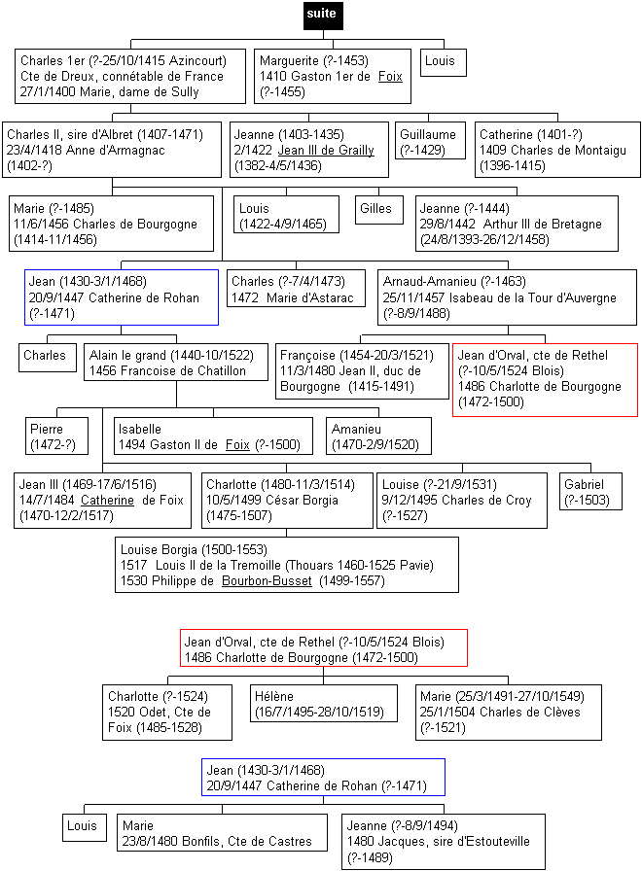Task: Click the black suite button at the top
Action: click(x=323, y=15)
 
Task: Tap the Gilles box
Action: click(x=379, y=210)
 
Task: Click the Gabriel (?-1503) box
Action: click(x=590, y=492)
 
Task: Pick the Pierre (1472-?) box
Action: click(x=56, y=436)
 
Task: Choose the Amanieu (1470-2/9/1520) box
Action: click(x=378, y=436)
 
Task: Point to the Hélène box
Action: click(x=324, y=703)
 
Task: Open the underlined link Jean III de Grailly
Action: click(x=326, y=150)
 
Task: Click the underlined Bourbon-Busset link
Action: click(x=267, y=581)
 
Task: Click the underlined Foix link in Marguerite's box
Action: click(x=390, y=76)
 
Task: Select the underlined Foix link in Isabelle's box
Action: click(x=237, y=444)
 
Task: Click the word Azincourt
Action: click(x=197, y=60)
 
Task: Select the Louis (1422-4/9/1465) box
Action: click(x=286, y=215)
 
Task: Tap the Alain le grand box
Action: click(x=176, y=363)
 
